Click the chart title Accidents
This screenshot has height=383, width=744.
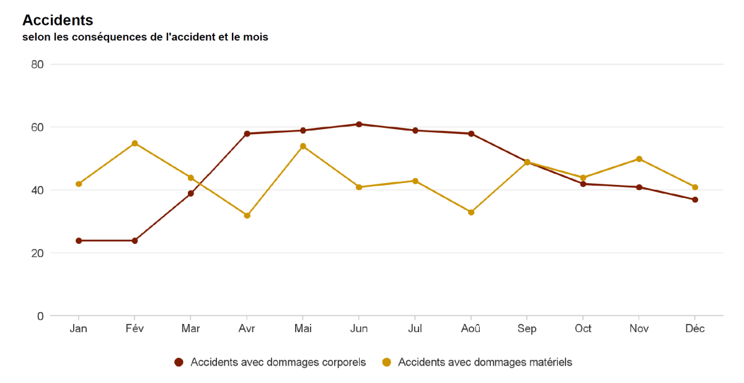click(58, 20)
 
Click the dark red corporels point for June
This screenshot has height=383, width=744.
click(359, 124)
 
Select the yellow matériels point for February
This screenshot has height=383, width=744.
click(135, 143)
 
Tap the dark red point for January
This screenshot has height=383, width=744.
click(79, 241)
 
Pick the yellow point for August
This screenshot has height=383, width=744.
click(471, 212)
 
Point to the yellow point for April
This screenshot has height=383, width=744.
click(247, 215)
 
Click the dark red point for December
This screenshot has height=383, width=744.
click(695, 200)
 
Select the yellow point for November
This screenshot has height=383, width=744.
click(639, 159)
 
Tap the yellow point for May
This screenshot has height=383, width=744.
click(303, 146)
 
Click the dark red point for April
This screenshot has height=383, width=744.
click(247, 133)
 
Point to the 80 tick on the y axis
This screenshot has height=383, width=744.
click(37, 64)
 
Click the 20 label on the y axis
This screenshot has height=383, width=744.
click(37, 253)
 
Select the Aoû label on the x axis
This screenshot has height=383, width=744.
click(471, 329)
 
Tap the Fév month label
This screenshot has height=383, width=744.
click(135, 329)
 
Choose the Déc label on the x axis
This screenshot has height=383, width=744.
click(695, 329)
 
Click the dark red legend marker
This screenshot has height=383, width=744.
click(179, 362)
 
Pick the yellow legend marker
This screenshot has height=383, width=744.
click(386, 362)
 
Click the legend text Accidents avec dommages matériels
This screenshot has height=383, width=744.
click(485, 362)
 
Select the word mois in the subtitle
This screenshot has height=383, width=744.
click(256, 37)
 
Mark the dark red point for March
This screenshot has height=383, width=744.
click(191, 194)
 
